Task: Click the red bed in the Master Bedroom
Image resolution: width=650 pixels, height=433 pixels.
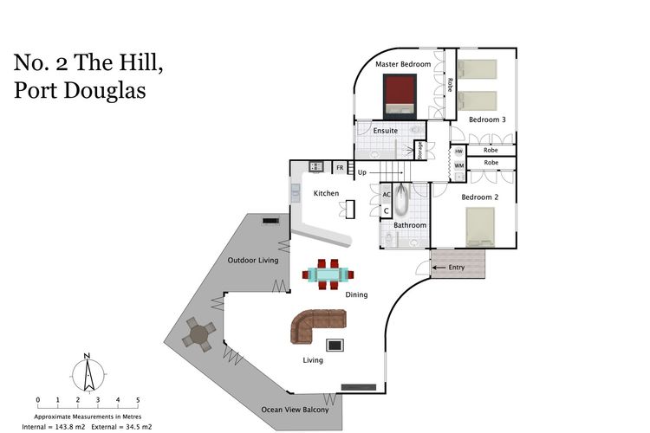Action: click(x=400, y=95)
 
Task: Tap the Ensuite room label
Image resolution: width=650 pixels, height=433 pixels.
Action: click(x=385, y=131)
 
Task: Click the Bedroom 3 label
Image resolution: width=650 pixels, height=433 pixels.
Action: click(x=487, y=120)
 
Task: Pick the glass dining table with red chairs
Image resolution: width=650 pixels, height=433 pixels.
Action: click(x=328, y=275)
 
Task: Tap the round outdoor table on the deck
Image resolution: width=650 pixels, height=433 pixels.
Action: click(x=199, y=334)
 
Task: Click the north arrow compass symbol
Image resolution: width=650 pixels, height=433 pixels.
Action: click(x=88, y=373)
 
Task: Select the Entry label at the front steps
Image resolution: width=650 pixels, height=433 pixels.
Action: click(x=457, y=268)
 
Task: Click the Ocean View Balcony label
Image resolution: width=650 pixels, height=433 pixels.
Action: click(x=295, y=409)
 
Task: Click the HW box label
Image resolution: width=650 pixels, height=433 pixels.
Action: click(x=458, y=151)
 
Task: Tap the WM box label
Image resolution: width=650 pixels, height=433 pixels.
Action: click(x=458, y=165)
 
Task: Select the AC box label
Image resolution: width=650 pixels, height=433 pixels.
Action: click(x=387, y=195)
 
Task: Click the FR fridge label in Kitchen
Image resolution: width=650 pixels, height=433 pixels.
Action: click(x=340, y=166)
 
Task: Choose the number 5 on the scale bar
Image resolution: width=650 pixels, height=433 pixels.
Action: click(x=138, y=400)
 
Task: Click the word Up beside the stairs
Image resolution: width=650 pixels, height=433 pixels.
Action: click(x=362, y=173)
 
